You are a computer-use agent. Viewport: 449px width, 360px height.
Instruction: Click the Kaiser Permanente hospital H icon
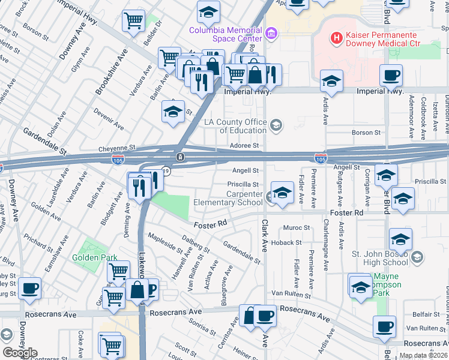tap(336, 38)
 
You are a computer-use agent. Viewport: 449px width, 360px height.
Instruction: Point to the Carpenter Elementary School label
tap(228, 198)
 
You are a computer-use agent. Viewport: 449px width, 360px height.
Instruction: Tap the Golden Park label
tap(93, 258)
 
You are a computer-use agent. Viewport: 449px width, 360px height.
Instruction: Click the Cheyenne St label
tap(118, 147)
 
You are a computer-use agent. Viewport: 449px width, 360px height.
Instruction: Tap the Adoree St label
tap(244, 146)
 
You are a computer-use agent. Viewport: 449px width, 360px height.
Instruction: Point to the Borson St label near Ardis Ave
tap(362, 133)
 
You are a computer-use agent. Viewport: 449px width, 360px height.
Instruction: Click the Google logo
tap(20, 353)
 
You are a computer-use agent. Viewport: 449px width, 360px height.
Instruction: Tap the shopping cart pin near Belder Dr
tap(133, 20)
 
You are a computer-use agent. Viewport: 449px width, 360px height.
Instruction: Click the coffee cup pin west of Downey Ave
tap(29, 288)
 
